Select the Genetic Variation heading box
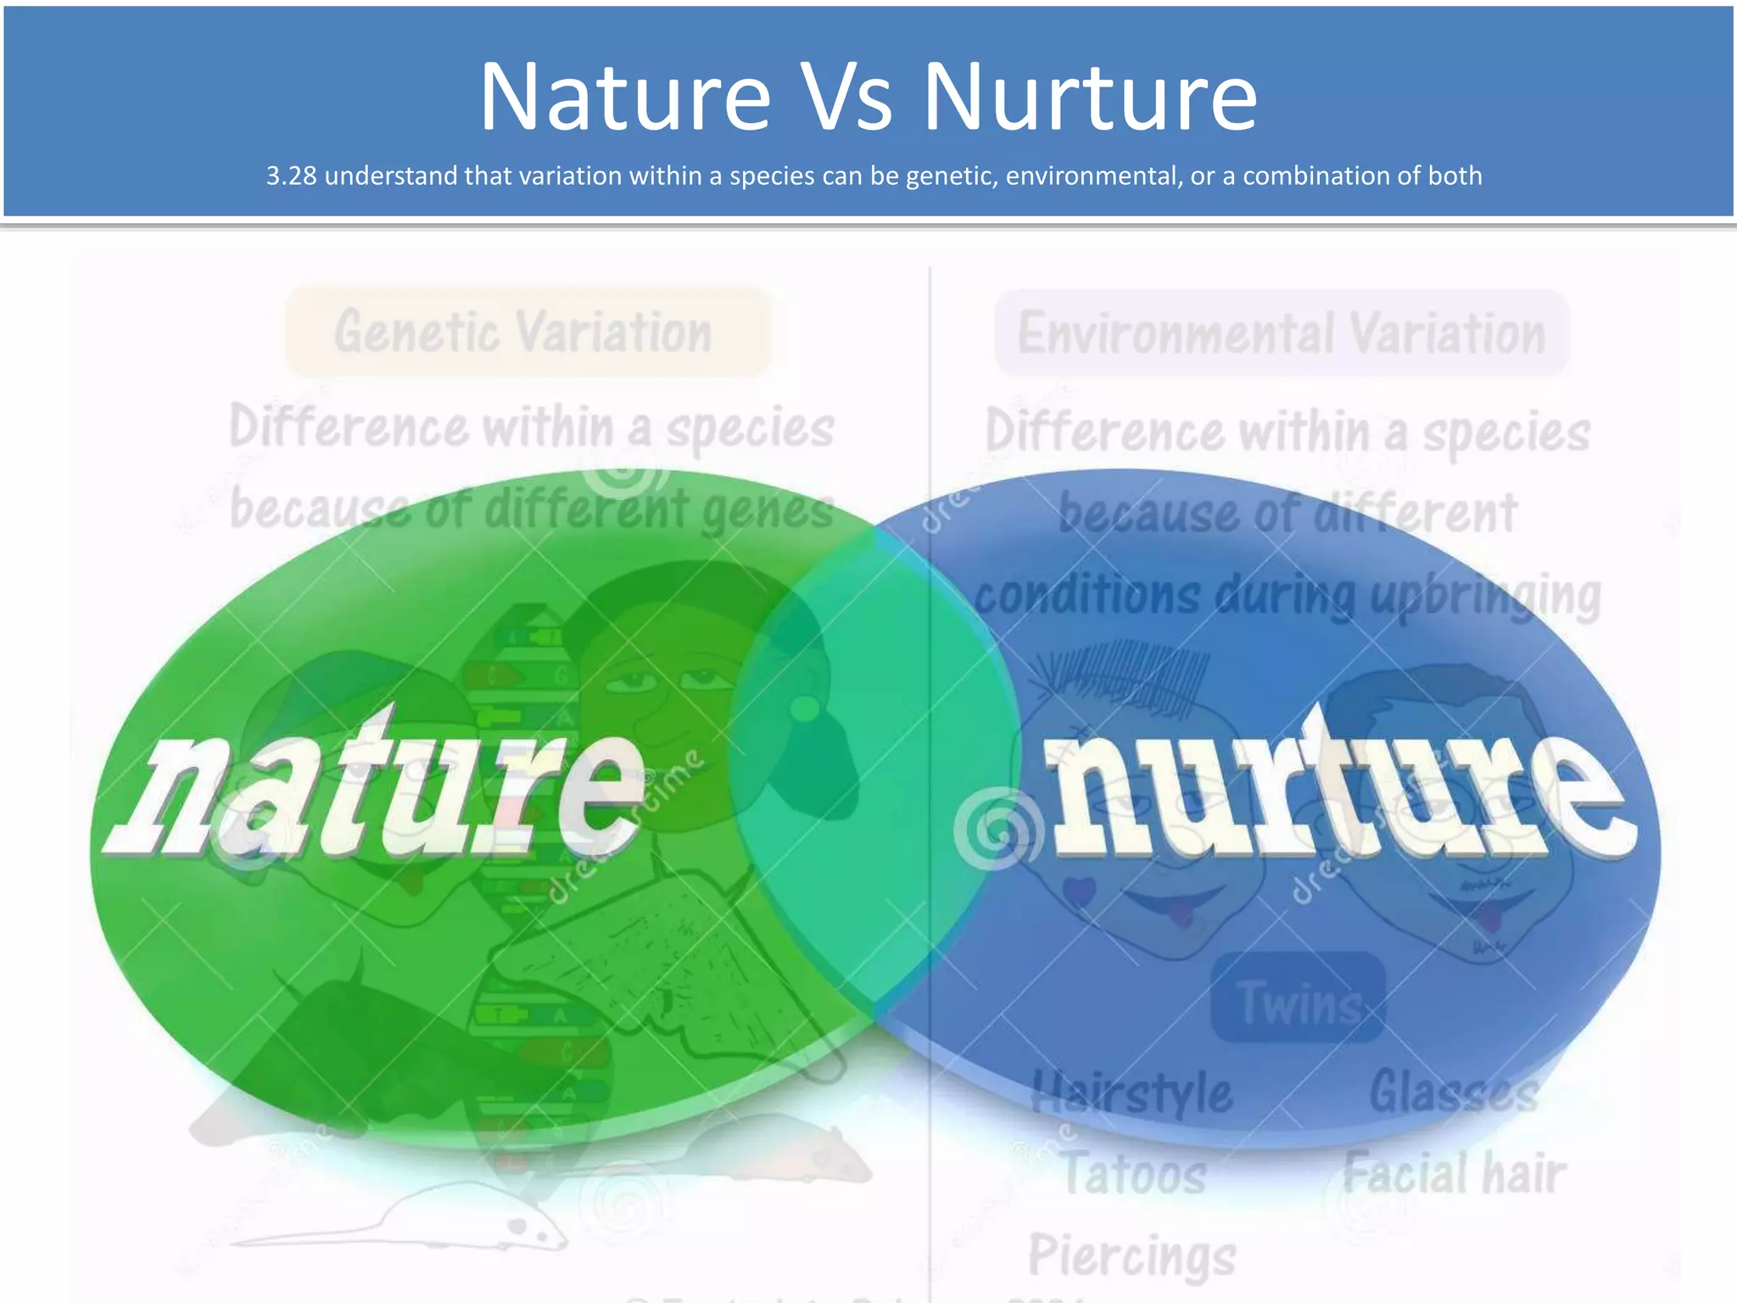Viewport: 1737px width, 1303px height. [x=527, y=332]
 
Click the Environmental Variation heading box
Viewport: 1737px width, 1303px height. [x=1281, y=333]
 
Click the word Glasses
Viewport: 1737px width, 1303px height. [x=1454, y=1091]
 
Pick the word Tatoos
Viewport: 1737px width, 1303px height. [x=1135, y=1174]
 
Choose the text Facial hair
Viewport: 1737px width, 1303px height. [x=1454, y=1174]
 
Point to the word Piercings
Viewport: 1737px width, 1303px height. [x=1132, y=1255]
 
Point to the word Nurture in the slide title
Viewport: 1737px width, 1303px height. [x=1089, y=98]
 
